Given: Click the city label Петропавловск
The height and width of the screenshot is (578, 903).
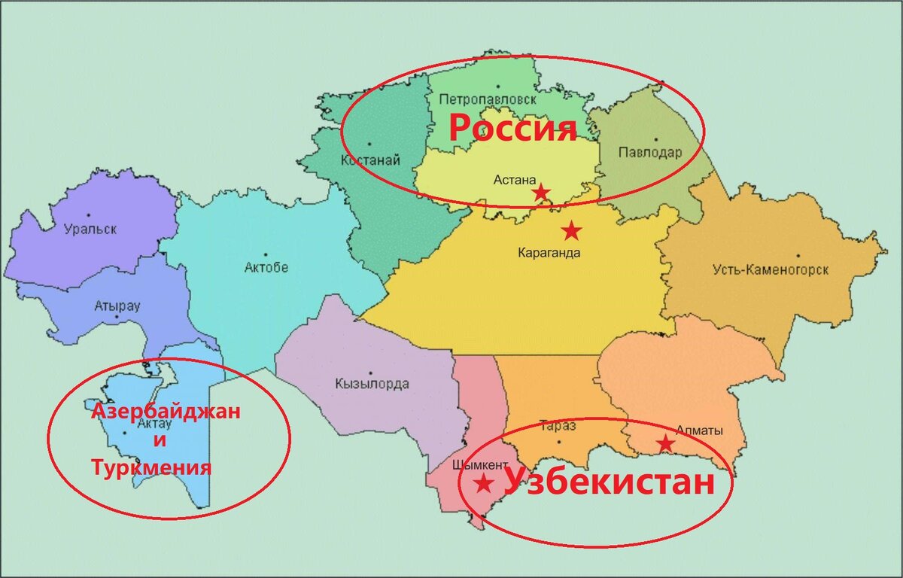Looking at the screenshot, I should [x=487, y=99].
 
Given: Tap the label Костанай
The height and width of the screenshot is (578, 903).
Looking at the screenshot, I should [x=370, y=160].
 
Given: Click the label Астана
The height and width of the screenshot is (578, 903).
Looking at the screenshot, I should [x=515, y=180].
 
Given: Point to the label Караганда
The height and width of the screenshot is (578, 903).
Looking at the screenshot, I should [x=549, y=253].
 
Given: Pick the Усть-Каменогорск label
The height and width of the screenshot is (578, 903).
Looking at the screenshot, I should [x=771, y=269].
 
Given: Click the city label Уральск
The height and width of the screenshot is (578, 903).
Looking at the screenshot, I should [x=90, y=230].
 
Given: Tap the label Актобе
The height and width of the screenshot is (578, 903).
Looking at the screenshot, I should [x=266, y=267].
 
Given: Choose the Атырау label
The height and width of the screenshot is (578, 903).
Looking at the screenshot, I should [x=117, y=306].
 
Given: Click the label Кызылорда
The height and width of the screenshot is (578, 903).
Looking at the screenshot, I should [x=372, y=385].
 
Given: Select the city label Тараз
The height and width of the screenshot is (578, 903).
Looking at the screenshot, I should [x=558, y=427].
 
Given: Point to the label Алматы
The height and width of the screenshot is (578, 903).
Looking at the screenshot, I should [x=699, y=431].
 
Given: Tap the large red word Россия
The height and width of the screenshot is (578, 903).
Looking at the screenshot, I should [x=512, y=129].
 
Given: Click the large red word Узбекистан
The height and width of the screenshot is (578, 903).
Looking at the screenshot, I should [x=608, y=482].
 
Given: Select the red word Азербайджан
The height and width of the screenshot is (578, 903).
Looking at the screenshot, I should [x=166, y=412].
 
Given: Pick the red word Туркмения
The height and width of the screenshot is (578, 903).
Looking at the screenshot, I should [x=150, y=468].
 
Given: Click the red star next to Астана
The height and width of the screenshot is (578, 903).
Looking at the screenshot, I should [x=540, y=193].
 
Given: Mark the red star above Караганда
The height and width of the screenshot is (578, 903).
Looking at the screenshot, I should [x=572, y=230].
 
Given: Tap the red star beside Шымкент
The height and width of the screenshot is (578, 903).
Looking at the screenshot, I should [x=484, y=482].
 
